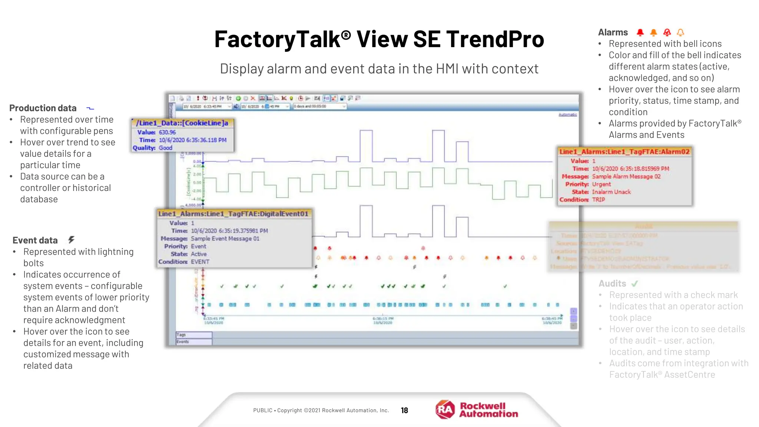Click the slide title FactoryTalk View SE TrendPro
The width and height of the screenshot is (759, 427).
[x=379, y=39]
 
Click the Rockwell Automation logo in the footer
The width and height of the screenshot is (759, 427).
[x=477, y=410]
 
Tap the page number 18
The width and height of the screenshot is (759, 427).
[x=404, y=410]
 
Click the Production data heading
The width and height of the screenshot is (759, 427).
[x=43, y=108]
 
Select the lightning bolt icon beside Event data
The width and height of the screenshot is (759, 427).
[x=71, y=240]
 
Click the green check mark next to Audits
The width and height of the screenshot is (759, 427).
[x=635, y=284]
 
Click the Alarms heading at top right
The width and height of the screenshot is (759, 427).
[x=613, y=33]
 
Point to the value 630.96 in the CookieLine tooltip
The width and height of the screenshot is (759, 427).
[x=167, y=132]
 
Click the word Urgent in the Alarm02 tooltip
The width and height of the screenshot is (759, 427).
[x=601, y=184]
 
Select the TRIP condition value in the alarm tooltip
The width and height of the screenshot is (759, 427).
[x=598, y=199]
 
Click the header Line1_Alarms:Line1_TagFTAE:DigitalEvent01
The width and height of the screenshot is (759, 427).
[x=233, y=214]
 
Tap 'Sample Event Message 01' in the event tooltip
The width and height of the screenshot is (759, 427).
[x=225, y=239]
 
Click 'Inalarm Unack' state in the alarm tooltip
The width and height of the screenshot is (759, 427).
[x=611, y=192]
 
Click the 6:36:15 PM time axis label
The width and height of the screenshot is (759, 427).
[x=383, y=318]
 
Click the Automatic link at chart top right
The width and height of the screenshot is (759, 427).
[x=567, y=115]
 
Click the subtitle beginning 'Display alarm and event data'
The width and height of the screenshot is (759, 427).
[x=379, y=69]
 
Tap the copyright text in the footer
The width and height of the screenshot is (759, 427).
[x=321, y=410]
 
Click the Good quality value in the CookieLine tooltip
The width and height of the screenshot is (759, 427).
[x=165, y=148]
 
